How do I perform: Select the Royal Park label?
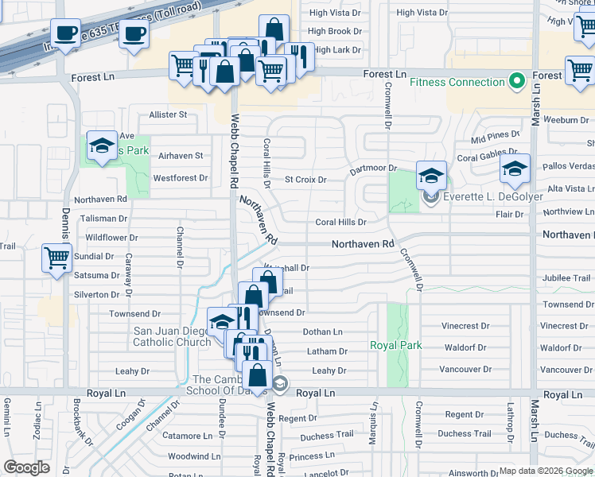[395, 346]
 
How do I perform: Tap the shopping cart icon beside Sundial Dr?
[57, 258]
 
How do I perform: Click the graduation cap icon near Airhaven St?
[101, 145]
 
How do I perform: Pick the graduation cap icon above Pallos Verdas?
[515, 168]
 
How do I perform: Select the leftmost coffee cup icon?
[65, 33]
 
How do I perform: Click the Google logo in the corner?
[26, 467]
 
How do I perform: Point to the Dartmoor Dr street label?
[373, 169]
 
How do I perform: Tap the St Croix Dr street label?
[305, 180]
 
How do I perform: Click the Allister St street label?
[168, 114]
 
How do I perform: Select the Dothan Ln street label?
[322, 332]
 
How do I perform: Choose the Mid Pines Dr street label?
[495, 138]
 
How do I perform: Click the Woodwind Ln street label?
[193, 456]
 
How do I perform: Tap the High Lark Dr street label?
[337, 50]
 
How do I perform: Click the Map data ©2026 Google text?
[546, 471]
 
